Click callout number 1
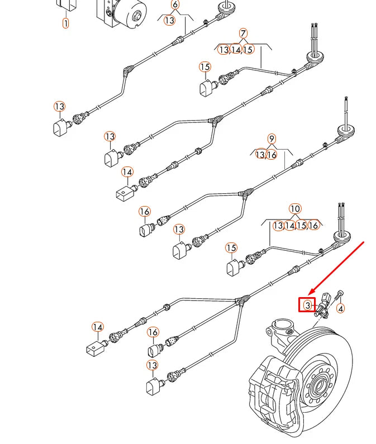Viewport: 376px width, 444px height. click(66, 23)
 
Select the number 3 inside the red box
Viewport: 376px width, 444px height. click(307, 305)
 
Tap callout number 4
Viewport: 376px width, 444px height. click(341, 308)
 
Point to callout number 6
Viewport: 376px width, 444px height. click(175, 5)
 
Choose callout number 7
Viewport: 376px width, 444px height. click(244, 34)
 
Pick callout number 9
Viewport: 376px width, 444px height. click(272, 139)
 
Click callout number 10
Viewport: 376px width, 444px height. click(296, 209)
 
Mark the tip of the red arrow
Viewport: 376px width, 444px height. click(311, 294)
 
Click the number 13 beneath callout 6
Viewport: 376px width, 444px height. click(169, 20)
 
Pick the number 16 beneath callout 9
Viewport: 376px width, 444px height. click(272, 155)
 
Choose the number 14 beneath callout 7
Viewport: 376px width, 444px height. click(236, 50)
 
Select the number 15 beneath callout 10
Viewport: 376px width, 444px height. click(301, 226)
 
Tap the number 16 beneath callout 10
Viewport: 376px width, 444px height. click(313, 226)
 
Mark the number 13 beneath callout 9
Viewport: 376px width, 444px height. click(260, 155)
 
